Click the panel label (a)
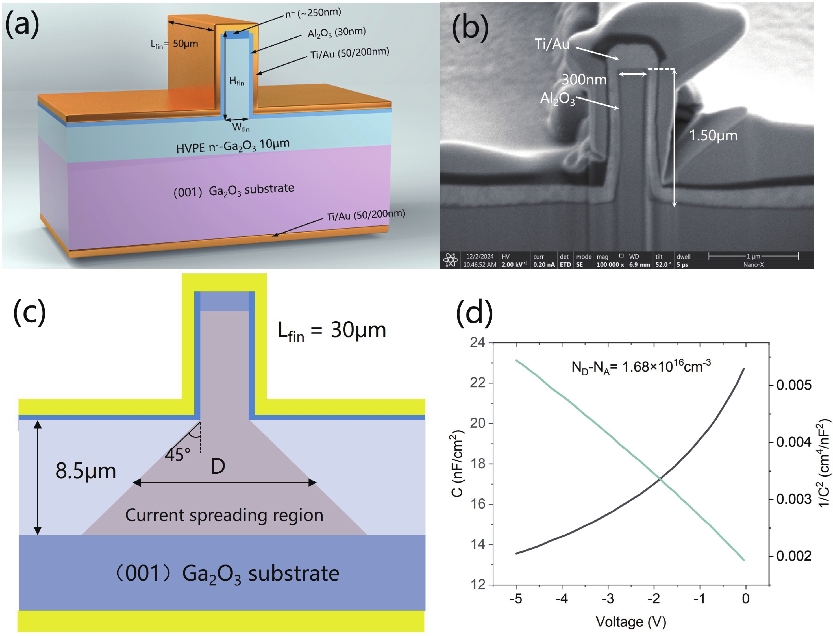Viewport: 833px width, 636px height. pos(22,25)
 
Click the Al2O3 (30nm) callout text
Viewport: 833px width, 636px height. pos(336,33)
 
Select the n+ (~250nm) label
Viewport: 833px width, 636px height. pos(313,13)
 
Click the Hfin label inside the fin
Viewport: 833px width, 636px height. pos(237,81)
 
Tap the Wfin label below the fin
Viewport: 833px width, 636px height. pos(241,128)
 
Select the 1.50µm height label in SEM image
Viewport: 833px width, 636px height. pos(713,136)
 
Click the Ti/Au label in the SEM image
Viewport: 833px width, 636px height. pos(552,44)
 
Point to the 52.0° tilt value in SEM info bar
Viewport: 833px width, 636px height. pos(661,265)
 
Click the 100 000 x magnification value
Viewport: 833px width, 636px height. pos(610,265)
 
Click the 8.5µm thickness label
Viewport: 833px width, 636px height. pos(85,471)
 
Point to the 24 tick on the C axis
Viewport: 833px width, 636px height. pos(477,342)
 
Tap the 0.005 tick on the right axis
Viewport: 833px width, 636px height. pos(794,385)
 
